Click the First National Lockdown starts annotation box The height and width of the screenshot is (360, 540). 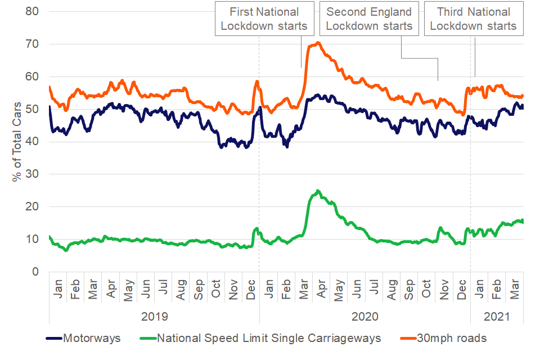264,19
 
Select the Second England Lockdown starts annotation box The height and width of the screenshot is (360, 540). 369,19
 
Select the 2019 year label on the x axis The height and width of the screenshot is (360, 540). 154,316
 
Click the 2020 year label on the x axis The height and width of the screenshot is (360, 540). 365,316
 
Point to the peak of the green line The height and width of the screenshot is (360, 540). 318,191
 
